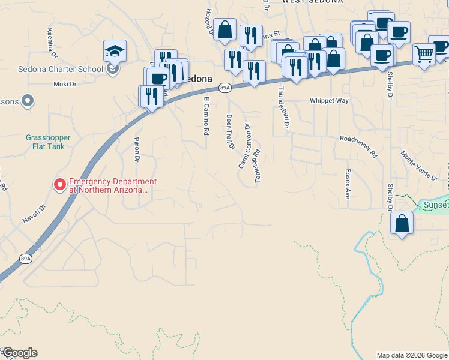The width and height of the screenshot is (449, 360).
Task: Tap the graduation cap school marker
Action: coord(115,51)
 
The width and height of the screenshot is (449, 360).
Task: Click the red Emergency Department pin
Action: coord(59,185)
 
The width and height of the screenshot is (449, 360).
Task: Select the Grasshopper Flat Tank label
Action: coord(48,142)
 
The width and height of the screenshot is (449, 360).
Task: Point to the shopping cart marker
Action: coord(424,55)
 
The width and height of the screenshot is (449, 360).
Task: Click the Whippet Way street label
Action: coord(329,101)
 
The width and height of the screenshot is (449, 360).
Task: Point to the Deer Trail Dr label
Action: coord(229,132)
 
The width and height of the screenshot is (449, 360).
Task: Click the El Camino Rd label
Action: coord(206,115)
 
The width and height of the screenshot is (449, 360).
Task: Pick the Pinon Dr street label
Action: coord(136,150)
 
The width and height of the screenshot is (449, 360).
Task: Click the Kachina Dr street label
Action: coord(51,40)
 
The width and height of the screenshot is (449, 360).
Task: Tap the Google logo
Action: coord(19,353)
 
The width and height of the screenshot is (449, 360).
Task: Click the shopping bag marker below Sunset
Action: coord(402,223)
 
